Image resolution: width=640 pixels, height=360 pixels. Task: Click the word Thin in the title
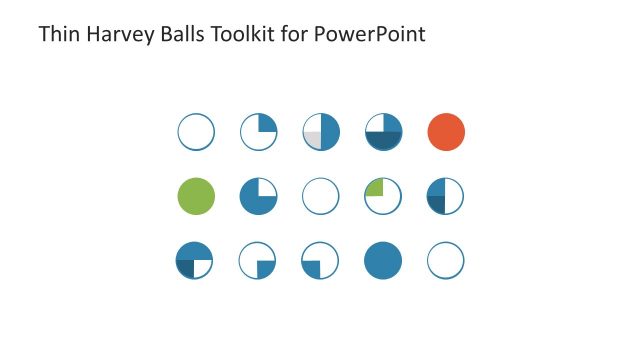pyautogui.click(x=55, y=35)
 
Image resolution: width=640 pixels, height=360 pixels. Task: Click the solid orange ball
pyautogui.click(x=446, y=132)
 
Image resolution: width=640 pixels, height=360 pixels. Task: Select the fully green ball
pyautogui.click(x=196, y=196)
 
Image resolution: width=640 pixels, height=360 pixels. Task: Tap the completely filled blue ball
pyautogui.click(x=383, y=260)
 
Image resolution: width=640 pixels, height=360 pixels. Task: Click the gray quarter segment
pyautogui.click(x=313, y=140)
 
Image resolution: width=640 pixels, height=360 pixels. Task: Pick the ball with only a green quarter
pyautogui.click(x=383, y=196)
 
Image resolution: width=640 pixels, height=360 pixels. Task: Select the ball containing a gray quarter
pyautogui.click(x=321, y=132)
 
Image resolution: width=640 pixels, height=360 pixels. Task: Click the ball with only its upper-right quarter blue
pyautogui.click(x=258, y=132)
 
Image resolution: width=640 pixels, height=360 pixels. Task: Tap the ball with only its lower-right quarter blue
pyautogui.click(x=258, y=260)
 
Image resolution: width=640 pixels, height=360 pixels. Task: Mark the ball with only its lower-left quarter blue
pyautogui.click(x=321, y=260)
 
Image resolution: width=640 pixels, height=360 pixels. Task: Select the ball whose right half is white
pyautogui.click(x=446, y=196)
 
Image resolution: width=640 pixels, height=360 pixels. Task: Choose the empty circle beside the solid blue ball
pyautogui.click(x=446, y=260)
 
